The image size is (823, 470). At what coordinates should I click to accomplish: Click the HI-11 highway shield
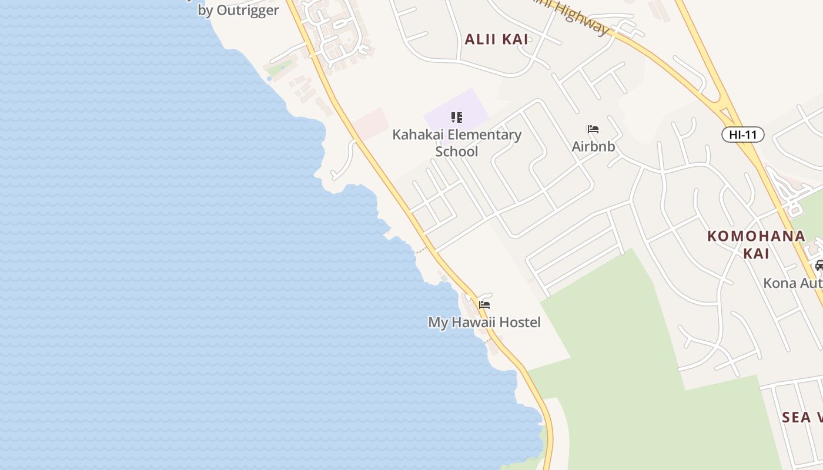click(742, 135)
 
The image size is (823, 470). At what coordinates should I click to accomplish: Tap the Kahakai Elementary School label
click(457, 143)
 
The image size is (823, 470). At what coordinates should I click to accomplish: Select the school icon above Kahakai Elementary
click(457, 117)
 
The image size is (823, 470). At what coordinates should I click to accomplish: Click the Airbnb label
click(593, 146)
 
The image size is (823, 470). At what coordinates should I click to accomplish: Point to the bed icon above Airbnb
click(593, 129)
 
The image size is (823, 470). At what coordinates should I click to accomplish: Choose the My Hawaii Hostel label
click(484, 322)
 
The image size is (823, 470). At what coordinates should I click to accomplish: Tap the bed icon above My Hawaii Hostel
click(484, 305)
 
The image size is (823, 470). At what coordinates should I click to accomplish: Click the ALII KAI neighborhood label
click(496, 39)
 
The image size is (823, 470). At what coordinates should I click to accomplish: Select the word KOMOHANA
click(756, 236)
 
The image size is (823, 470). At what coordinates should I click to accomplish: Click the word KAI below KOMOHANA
click(756, 253)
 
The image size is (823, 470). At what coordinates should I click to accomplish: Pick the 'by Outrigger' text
click(238, 11)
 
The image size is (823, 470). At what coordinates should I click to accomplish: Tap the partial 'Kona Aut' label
click(792, 283)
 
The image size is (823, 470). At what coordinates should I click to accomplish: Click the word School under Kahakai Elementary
click(457, 152)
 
